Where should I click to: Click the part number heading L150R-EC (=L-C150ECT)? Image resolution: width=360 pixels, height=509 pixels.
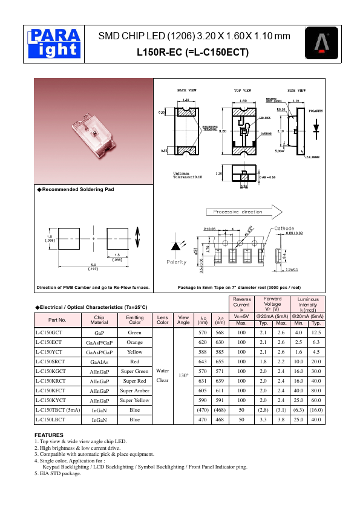coord(194,53)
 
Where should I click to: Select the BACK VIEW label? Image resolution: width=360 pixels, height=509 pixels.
coord(186,89)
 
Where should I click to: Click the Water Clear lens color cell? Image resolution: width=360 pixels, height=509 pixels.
coord(162,375)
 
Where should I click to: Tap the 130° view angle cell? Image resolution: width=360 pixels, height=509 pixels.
coord(183,375)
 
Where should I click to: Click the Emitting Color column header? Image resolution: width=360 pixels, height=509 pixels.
coord(134,320)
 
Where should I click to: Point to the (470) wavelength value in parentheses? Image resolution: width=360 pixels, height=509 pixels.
coord(203,410)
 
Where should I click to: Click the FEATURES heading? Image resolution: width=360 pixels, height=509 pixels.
coord(49,435)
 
